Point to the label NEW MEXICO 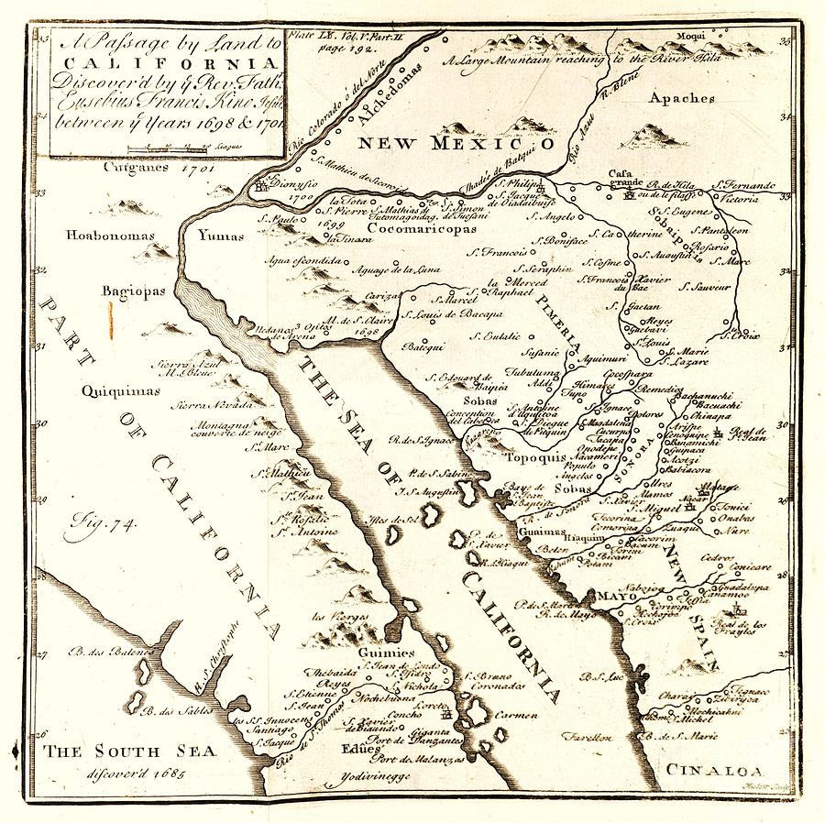(x=456, y=143)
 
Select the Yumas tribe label (x=221, y=236)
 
